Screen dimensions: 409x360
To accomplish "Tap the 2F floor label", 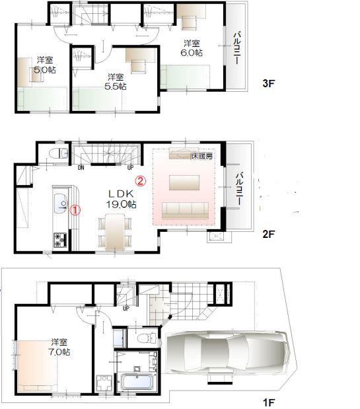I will (x=268, y=233).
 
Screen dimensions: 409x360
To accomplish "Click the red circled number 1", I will (x=75, y=209).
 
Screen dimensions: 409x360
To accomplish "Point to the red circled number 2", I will (x=140, y=179).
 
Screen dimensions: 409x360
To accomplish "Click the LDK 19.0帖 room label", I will (x=122, y=199).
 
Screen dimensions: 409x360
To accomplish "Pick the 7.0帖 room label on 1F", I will (x=59, y=348).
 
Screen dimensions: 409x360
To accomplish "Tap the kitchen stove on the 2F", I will (x=57, y=240).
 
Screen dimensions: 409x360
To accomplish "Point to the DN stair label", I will (x=81, y=167).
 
